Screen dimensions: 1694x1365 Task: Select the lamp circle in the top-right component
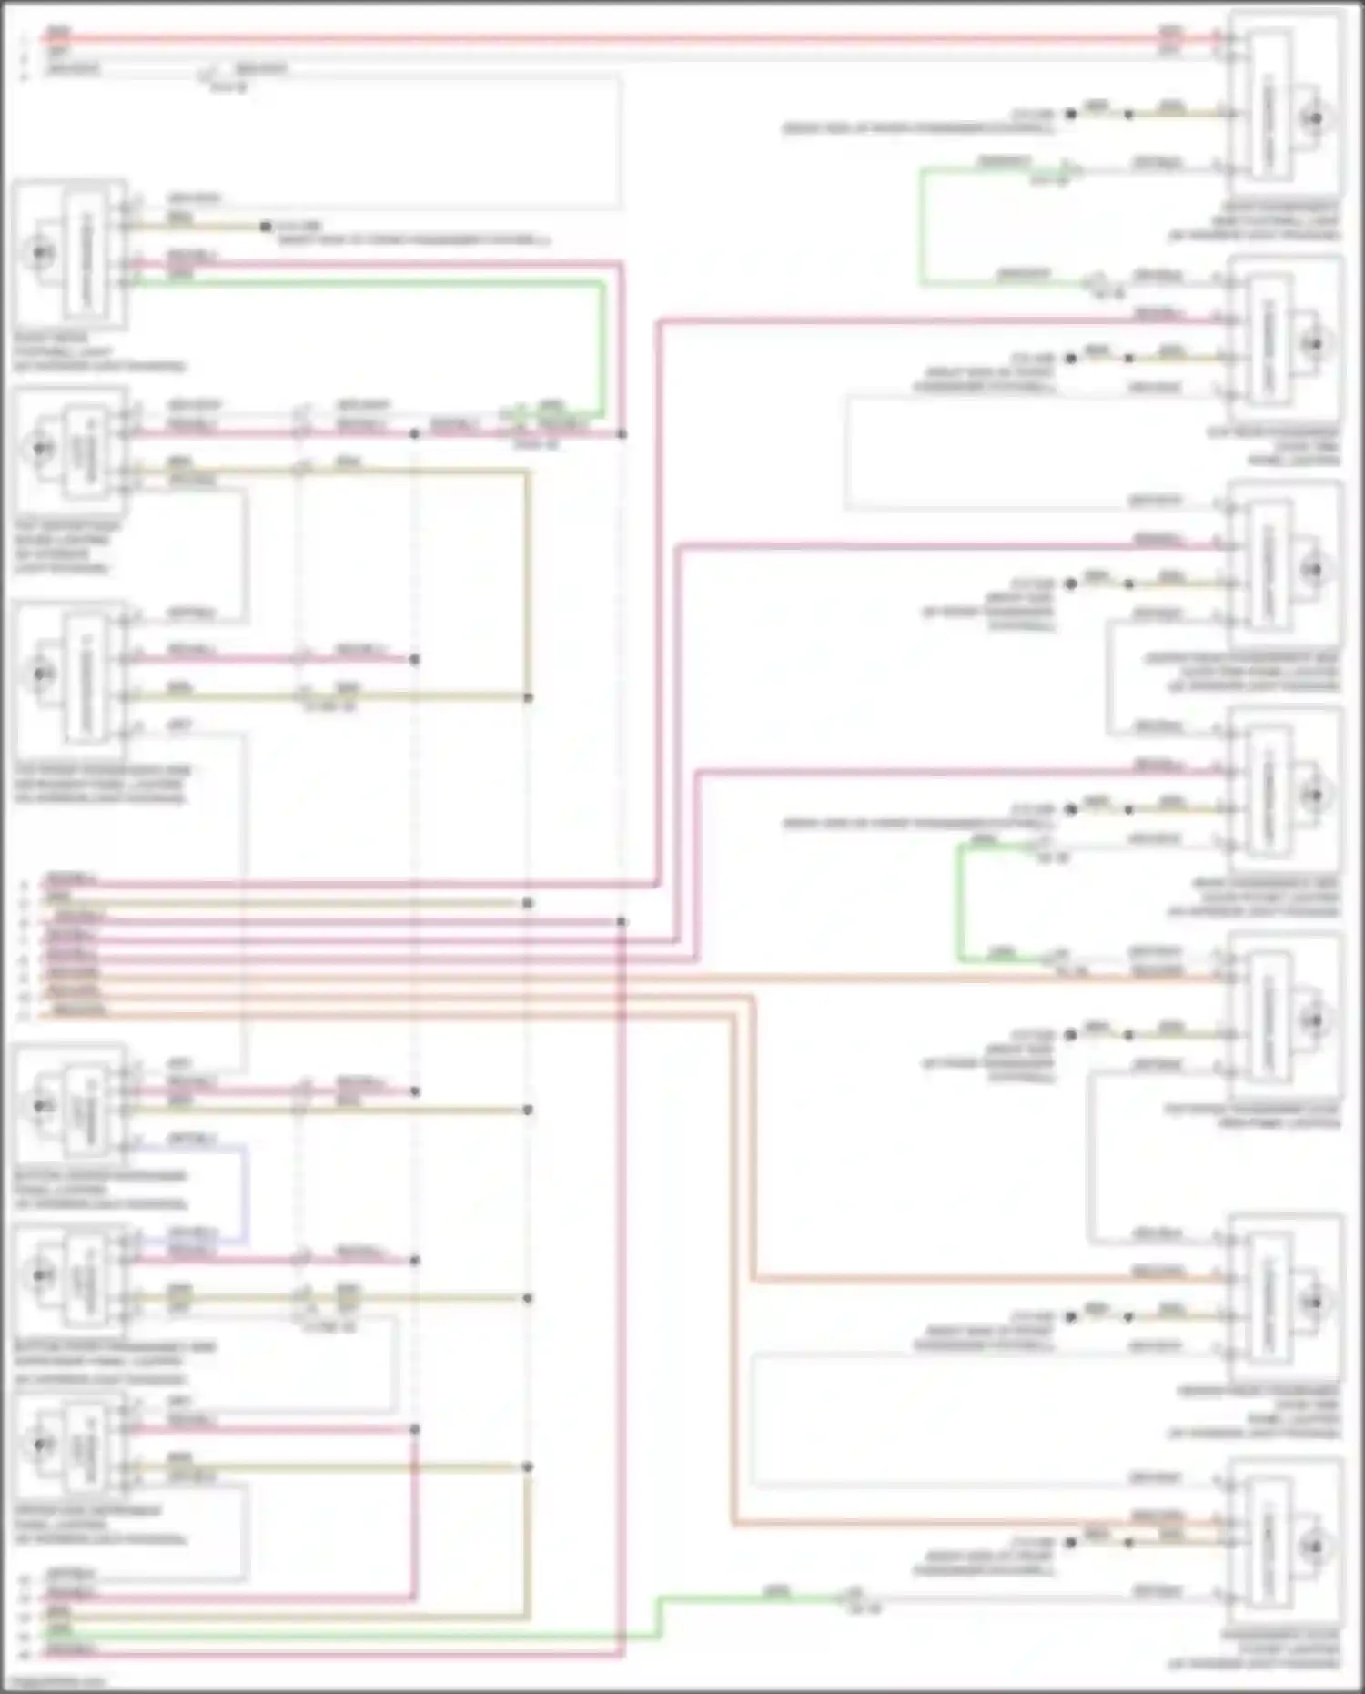coord(1313,119)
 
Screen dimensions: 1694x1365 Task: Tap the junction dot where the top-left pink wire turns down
coord(622,434)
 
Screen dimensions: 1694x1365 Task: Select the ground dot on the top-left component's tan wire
coord(265,226)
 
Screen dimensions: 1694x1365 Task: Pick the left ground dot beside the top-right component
coord(1071,114)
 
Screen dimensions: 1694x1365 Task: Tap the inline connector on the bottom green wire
coord(854,1598)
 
